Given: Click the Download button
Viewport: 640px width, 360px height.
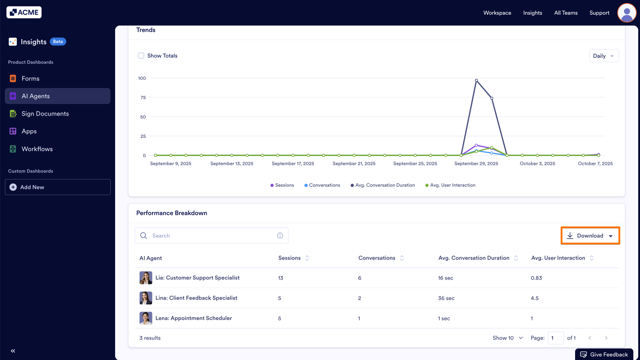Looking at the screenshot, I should (x=590, y=236).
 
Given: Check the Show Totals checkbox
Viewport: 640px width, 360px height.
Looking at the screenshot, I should (x=141, y=56).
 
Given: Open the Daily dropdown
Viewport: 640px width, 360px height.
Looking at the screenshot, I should (x=604, y=56).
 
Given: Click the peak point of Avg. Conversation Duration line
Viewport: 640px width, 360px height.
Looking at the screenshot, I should (x=476, y=80).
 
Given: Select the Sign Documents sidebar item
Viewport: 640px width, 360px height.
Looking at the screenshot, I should (x=45, y=114).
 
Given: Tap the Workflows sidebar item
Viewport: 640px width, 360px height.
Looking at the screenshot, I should (x=37, y=149).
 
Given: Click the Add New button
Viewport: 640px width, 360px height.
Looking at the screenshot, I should (x=57, y=187).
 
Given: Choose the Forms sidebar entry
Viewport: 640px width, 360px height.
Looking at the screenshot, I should (x=30, y=79).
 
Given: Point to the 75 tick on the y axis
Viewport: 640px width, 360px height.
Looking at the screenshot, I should (x=143, y=97).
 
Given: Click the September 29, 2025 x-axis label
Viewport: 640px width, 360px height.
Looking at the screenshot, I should (x=476, y=164).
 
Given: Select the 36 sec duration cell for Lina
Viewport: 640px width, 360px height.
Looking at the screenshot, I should (x=446, y=298).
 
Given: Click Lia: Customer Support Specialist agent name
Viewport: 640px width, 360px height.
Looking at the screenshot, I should (x=197, y=278).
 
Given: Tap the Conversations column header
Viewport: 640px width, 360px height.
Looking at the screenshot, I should (x=376, y=258).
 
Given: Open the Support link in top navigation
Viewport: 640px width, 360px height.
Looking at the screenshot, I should (x=599, y=13).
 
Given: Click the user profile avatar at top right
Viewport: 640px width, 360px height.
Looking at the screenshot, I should (x=627, y=12).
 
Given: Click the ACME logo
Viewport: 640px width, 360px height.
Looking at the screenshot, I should (x=24, y=12).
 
